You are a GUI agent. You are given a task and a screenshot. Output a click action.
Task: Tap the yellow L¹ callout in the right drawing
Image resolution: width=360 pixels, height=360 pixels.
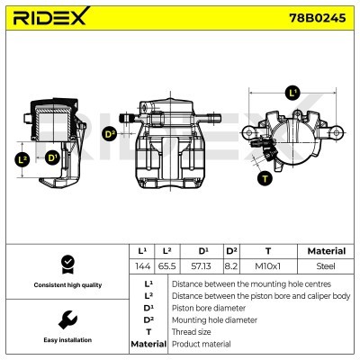(292, 93)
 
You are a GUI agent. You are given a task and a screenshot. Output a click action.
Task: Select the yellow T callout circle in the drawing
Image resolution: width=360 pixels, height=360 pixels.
(265, 178)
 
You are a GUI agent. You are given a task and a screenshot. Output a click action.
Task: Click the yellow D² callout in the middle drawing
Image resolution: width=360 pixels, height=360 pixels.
(110, 135)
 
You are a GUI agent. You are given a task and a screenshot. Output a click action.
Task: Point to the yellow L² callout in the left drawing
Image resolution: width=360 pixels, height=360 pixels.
(22, 159)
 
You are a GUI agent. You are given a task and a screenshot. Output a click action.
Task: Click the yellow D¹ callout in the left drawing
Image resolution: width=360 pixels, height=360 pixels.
(52, 158)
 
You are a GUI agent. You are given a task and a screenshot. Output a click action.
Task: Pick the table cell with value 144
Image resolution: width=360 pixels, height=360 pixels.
(141, 267)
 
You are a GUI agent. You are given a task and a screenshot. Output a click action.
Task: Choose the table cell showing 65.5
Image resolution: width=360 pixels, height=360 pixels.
(167, 267)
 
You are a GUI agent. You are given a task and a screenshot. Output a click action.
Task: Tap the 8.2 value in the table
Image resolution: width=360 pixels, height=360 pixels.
(231, 267)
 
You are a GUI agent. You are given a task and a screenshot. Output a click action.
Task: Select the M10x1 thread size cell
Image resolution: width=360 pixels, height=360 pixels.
(268, 267)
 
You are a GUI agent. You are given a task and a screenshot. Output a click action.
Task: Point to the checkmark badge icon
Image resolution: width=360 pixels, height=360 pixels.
(66, 264)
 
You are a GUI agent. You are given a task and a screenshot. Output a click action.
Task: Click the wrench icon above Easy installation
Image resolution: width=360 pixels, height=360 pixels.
(66, 319)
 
